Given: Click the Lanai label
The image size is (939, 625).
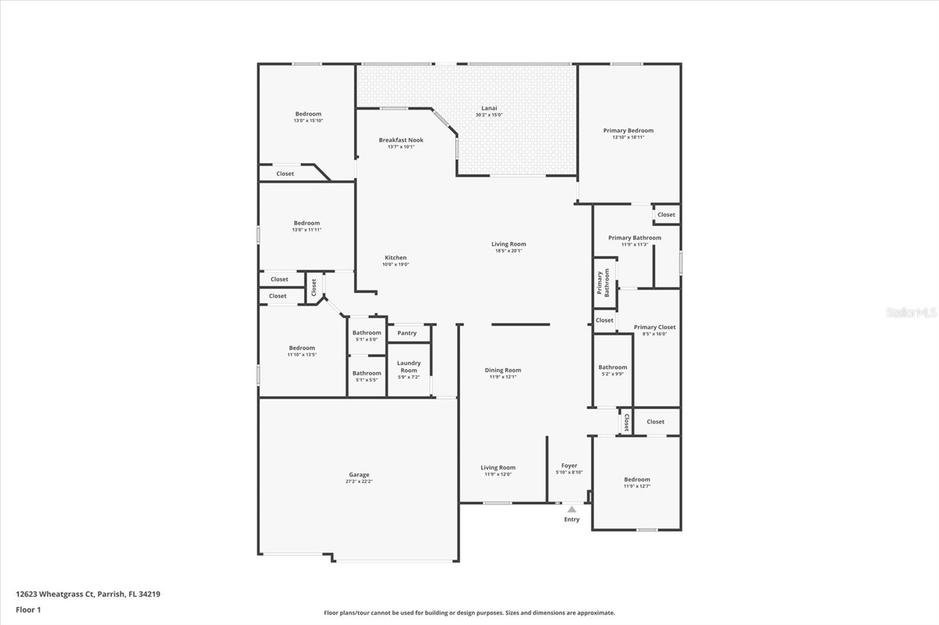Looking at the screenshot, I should [489, 108].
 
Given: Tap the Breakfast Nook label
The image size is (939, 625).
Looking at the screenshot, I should [401, 140].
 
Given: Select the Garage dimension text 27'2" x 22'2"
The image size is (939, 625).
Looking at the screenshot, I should [359, 482].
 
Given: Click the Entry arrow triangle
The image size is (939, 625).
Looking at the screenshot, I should [572, 509].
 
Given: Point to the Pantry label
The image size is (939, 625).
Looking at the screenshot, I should [407, 333].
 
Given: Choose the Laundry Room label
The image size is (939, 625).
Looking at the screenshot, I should [408, 367].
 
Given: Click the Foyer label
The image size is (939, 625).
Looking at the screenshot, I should [569, 466].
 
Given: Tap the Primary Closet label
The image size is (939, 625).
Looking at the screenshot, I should [654, 327].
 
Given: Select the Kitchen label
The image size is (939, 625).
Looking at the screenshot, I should [396, 258].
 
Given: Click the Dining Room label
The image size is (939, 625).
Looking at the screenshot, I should [503, 371].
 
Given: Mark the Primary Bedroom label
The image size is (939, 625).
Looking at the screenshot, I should [628, 131].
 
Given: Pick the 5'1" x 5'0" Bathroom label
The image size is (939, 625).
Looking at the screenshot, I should [366, 333].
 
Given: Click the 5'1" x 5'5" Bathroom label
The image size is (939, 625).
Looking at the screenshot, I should [366, 373].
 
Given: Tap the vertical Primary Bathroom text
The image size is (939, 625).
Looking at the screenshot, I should [603, 283].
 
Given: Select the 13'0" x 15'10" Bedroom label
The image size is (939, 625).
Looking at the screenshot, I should [308, 114].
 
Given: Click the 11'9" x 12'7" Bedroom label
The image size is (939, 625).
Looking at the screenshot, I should [637, 480].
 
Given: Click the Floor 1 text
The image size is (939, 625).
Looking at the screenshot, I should [28, 610].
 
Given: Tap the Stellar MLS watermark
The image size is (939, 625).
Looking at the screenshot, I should [911, 312].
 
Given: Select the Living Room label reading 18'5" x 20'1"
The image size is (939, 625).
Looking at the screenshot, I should [508, 244].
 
